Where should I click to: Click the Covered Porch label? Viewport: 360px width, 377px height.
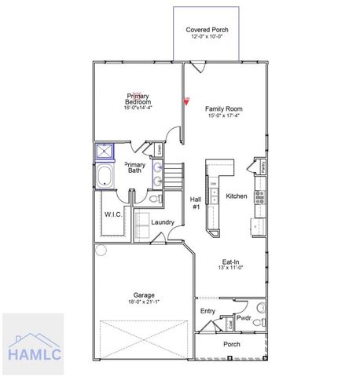[208, 29]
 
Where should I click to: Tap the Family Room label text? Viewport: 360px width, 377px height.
[224, 108]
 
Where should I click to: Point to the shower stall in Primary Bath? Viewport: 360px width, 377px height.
[105, 152]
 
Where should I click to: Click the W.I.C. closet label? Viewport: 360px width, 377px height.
[111, 214]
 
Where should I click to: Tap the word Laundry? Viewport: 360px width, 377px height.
[162, 222]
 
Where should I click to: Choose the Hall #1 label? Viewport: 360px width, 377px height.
[196, 202]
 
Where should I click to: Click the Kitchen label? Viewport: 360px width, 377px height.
[237, 196]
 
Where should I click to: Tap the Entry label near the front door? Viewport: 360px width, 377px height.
[208, 312]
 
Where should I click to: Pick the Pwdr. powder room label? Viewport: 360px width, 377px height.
[243, 320]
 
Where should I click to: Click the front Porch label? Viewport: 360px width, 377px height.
[231, 344]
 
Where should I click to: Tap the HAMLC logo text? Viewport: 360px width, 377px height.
[33, 353]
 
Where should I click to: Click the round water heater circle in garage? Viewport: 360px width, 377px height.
[100, 251]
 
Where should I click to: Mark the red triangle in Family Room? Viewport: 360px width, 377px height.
[186, 101]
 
